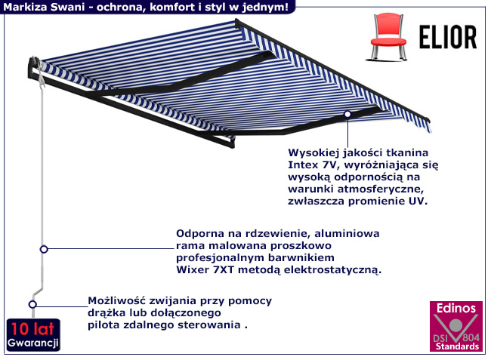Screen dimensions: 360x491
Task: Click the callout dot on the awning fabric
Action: (x=347, y=114)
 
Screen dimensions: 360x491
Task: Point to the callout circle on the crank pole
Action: (x=44, y=248)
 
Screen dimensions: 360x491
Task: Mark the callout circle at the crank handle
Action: (x=32, y=305)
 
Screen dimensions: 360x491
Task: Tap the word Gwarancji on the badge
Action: (x=32, y=344)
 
